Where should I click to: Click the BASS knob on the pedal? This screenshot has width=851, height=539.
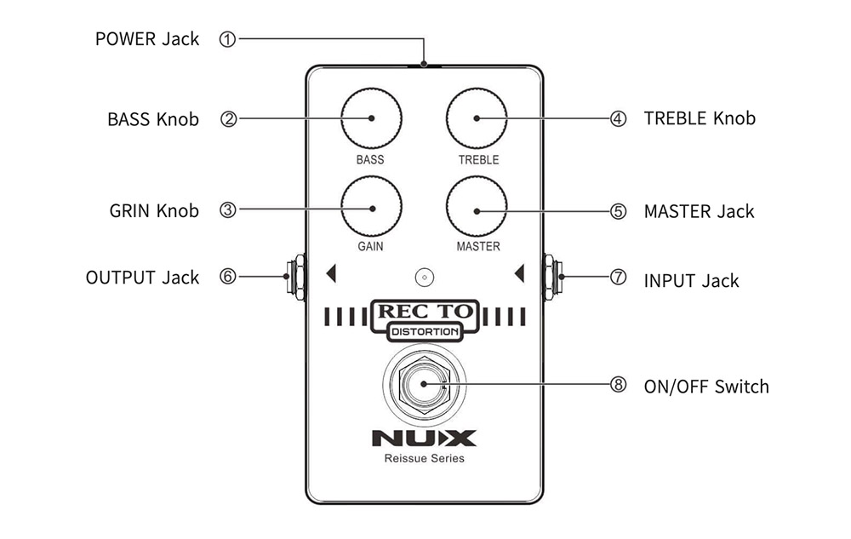tap(371, 119)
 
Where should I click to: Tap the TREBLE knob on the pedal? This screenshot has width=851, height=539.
tap(477, 119)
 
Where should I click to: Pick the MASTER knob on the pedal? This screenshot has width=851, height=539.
tap(477, 209)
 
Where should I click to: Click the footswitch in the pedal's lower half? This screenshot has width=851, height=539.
tap(423, 385)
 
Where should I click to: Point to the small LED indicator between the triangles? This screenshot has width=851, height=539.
tap(423, 277)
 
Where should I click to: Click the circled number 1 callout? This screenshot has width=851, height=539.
tap(227, 38)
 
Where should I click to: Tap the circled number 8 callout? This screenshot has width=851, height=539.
tap(619, 385)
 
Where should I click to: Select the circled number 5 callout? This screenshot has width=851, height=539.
tap(619, 211)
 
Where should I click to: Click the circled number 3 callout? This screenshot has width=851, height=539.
tap(227, 210)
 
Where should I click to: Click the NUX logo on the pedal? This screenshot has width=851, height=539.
tap(423, 439)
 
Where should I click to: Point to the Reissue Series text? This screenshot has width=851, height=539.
tap(423, 459)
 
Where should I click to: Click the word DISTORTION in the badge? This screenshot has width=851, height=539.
tap(424, 332)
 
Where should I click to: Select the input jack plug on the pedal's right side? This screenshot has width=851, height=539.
tap(552, 277)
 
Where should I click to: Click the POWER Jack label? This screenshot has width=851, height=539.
tap(147, 39)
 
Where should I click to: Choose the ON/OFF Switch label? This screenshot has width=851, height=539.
tap(706, 387)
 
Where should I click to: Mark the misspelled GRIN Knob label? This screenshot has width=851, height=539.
tap(154, 211)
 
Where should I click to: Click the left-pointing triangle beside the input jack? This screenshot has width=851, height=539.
tap(518, 273)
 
